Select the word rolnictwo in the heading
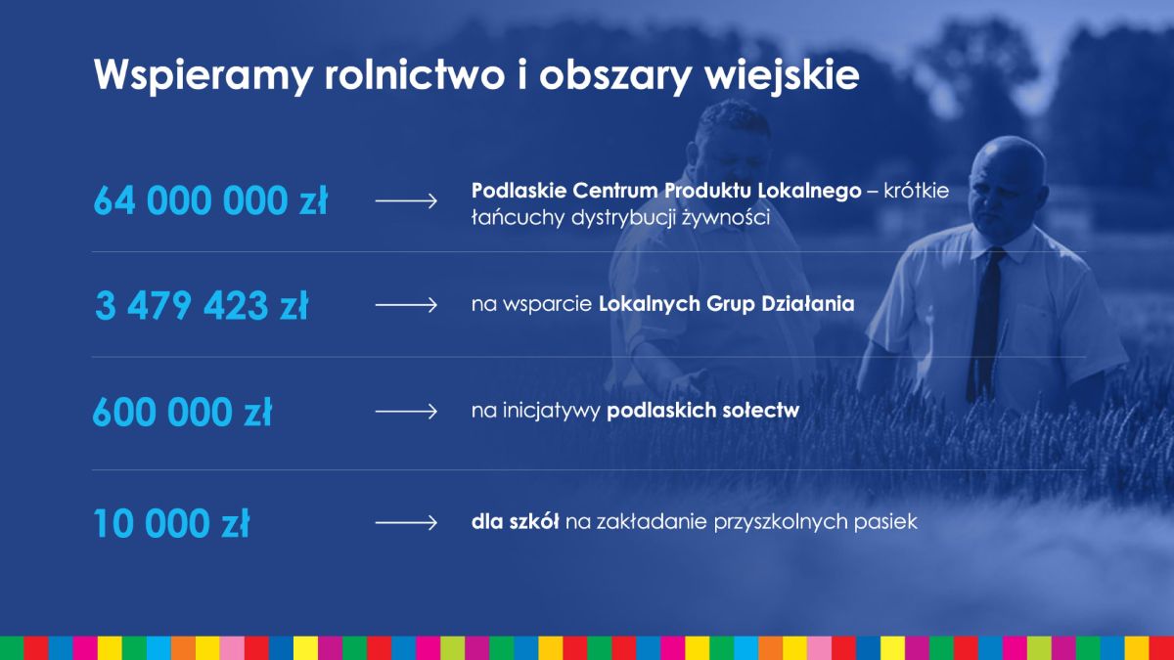click(415, 74)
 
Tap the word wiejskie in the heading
click(782, 75)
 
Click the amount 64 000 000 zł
click(210, 200)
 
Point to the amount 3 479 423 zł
click(202, 305)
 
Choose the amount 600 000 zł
click(182, 412)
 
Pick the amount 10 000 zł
click(171, 523)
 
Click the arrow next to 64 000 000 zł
click(406, 200)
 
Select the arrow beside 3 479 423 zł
click(406, 305)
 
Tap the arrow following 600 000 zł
click(406, 412)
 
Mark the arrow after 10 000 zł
click(406, 523)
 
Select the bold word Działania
click(808, 304)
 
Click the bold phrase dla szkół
click(515, 522)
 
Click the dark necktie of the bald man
click(986, 325)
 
